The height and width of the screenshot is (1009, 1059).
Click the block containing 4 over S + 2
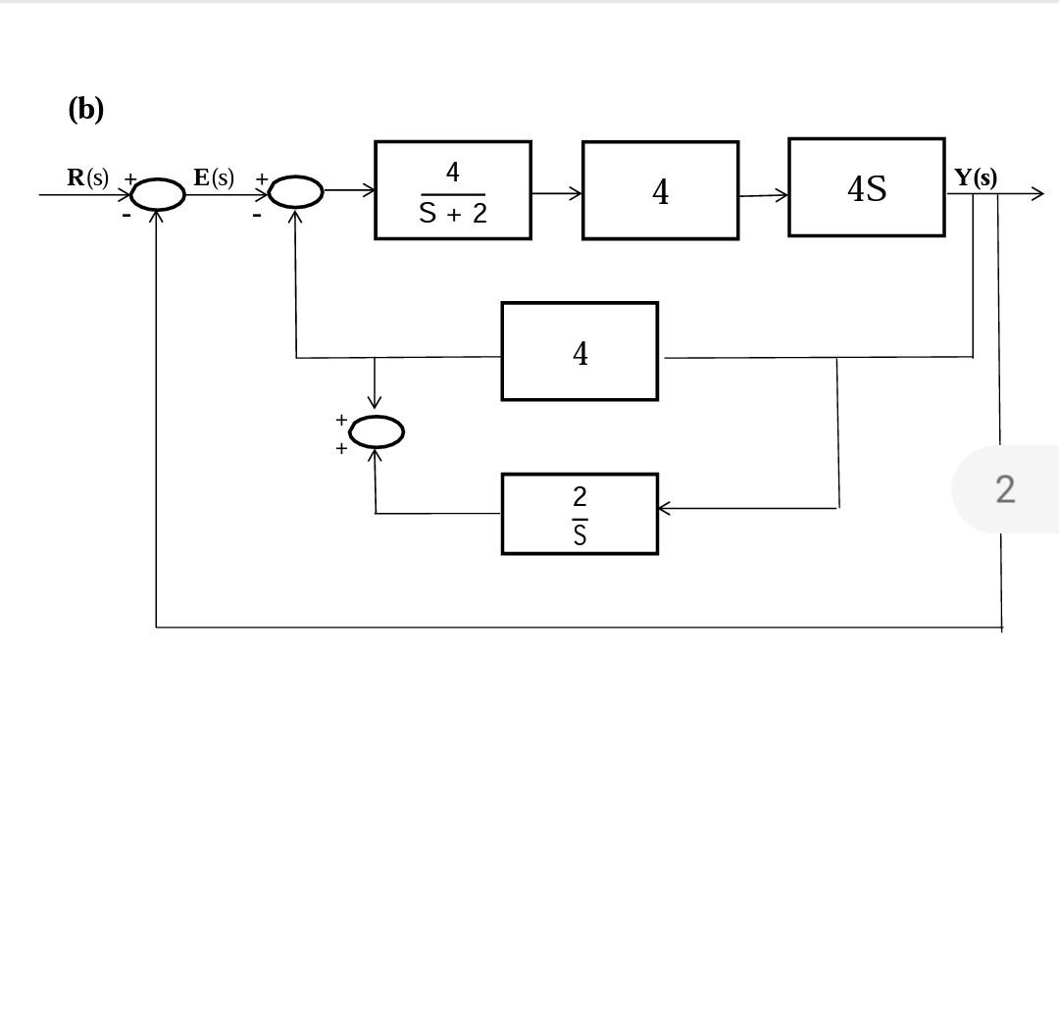pos(453,190)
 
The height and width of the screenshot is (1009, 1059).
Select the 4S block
pos(867,187)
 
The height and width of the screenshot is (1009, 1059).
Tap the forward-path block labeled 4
pos(660,190)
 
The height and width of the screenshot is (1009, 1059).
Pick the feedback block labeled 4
pos(580,351)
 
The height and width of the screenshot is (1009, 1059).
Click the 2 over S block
pos(580,514)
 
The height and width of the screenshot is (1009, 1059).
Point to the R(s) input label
pos(87,177)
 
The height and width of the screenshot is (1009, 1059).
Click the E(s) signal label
pos(214,177)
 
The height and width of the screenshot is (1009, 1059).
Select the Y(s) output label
pos(976,177)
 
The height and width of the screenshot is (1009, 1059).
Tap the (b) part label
pos(85,108)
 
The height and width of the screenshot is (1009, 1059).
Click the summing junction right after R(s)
pos(158,194)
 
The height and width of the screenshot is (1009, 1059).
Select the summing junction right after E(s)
pos(295,192)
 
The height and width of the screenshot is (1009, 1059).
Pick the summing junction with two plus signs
pos(376,431)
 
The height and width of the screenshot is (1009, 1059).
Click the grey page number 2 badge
pos(1005,488)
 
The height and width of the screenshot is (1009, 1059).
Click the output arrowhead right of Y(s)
pos(1036,194)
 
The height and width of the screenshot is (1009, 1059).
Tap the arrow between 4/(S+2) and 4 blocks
pos(557,193)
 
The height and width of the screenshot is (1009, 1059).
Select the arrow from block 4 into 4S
pos(764,195)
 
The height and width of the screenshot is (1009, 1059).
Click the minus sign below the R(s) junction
pos(126,215)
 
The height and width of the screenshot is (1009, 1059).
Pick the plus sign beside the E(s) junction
pos(262,178)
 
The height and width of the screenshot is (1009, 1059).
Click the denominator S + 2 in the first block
pos(453,213)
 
